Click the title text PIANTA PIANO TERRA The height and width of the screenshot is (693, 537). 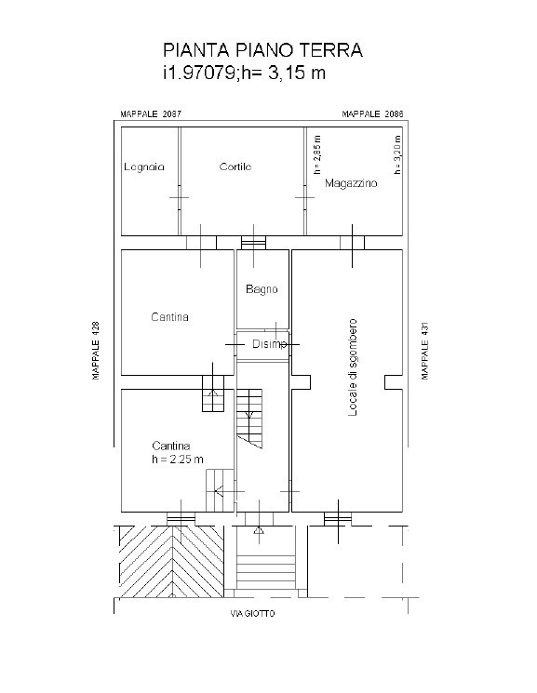(x=262, y=50)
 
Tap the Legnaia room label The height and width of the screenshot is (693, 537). (x=144, y=167)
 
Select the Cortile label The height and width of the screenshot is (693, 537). (x=235, y=167)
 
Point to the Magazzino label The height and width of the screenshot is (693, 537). (x=351, y=183)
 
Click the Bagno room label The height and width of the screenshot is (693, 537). (x=262, y=289)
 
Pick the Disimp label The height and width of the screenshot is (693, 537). (x=269, y=344)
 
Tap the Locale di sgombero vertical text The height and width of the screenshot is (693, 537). (x=352, y=367)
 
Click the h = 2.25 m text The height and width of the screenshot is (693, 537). (x=178, y=460)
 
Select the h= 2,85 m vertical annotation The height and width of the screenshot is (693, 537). (x=317, y=154)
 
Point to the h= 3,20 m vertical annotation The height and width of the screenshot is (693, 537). (x=397, y=154)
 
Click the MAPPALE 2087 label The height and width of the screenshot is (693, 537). (x=151, y=114)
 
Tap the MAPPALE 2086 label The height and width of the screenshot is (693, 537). (x=372, y=114)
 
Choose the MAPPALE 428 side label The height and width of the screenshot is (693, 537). (x=96, y=350)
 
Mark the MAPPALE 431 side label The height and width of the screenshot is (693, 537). (x=425, y=351)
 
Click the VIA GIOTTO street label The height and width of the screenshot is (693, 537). (x=252, y=613)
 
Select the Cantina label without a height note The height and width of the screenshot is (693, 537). (x=170, y=317)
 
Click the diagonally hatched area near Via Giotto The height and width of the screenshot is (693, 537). (x=171, y=562)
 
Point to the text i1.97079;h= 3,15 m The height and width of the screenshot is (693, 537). (x=244, y=73)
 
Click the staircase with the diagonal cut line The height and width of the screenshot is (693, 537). (x=249, y=419)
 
